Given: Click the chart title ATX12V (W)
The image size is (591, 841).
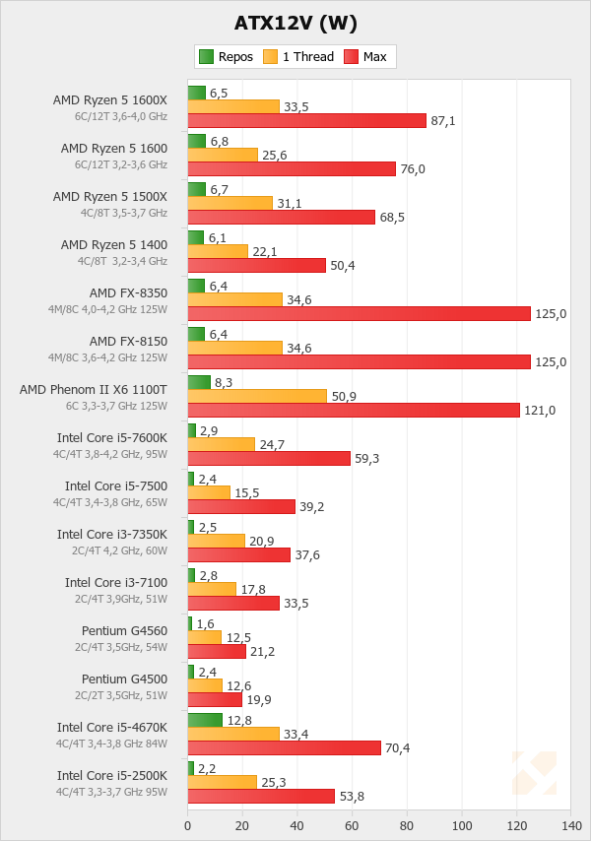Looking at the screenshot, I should (295, 23).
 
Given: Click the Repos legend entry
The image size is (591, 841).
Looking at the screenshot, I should (227, 57).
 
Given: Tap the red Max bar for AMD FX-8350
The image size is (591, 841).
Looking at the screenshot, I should (359, 313).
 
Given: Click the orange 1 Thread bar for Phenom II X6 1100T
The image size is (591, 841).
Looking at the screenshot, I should (256, 396).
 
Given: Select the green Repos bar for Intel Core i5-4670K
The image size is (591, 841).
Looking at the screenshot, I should (205, 720).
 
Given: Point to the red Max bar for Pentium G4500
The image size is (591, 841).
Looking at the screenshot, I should (215, 699).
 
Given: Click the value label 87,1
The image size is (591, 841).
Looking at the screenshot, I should (444, 120).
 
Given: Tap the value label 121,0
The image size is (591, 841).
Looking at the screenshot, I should (540, 410).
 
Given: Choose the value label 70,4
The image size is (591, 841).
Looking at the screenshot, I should (398, 747).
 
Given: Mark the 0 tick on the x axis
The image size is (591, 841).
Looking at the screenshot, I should (188, 825).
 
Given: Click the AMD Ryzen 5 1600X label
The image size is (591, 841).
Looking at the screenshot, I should (110, 99).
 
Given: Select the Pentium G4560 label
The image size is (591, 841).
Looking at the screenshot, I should (124, 630).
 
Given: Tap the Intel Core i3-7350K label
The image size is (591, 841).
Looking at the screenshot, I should (112, 534).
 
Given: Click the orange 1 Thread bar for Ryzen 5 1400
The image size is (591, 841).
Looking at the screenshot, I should (218, 251).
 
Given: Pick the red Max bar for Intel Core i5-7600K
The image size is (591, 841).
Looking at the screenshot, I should (269, 458).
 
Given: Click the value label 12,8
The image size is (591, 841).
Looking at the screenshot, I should (240, 720).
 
